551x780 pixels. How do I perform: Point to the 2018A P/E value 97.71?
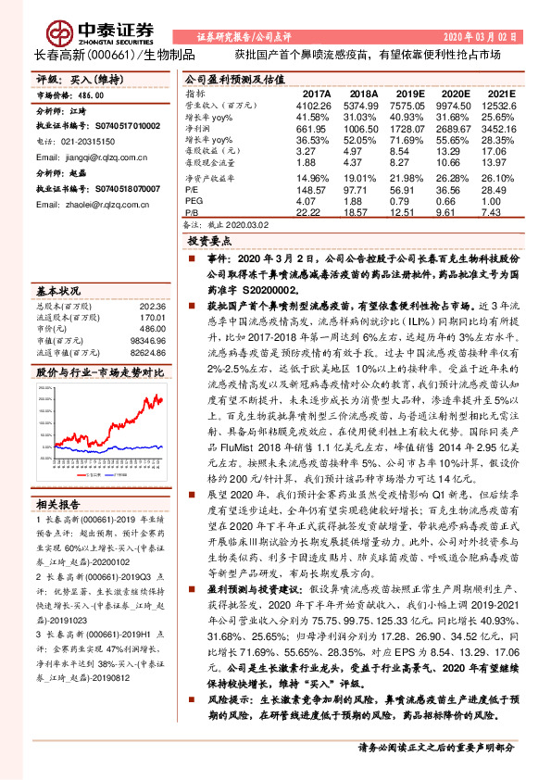pyautogui.click(x=363, y=190)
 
